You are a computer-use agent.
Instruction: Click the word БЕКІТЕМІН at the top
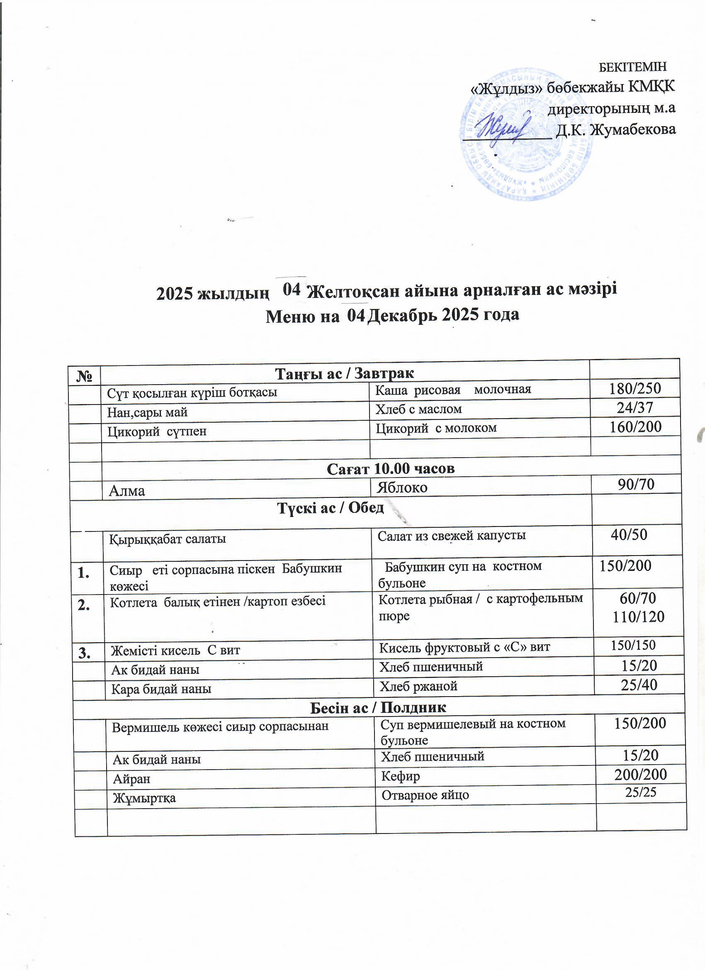tap(632, 67)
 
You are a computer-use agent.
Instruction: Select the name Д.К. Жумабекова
tap(616, 129)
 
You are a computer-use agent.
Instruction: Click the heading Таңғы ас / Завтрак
tap(344, 373)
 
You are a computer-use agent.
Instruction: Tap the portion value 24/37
tap(635, 407)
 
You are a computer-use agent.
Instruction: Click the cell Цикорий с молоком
tap(436, 428)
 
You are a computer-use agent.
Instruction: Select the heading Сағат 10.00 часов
tap(390, 469)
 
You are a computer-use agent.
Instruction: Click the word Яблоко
tap(402, 487)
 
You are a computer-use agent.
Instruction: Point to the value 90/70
tap(636, 484)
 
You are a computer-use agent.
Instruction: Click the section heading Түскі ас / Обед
tap(331, 508)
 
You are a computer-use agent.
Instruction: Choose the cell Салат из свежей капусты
tap(452, 535)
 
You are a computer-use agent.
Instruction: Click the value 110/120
tap(638, 617)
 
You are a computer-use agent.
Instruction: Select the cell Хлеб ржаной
tap(418, 686)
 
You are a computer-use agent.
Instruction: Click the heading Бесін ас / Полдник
tap(377, 707)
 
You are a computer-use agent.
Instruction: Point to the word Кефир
tap(401, 776)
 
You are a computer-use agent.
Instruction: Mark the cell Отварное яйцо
tap(425, 795)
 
